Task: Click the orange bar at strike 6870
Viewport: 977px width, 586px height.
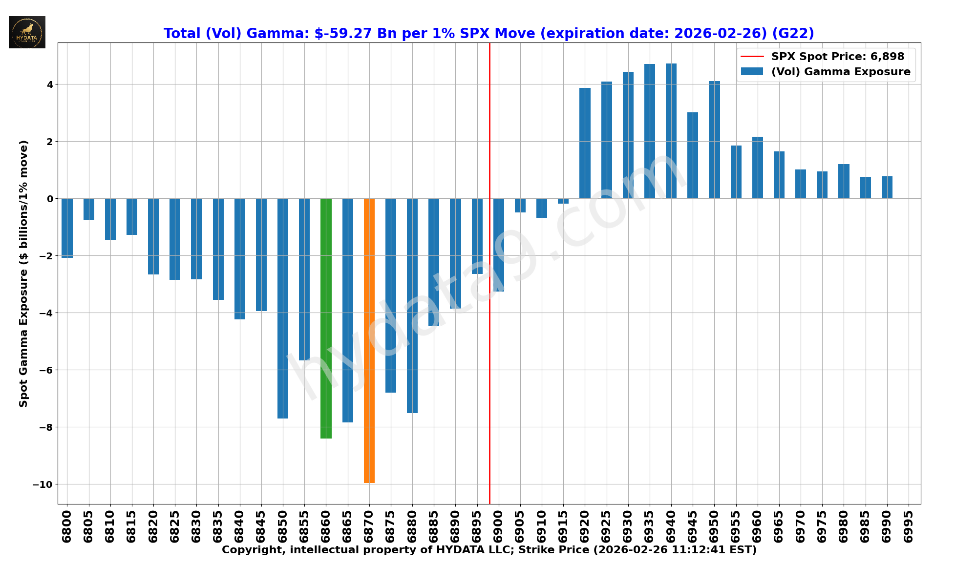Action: point(369,340)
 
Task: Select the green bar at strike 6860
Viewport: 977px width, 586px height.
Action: point(326,318)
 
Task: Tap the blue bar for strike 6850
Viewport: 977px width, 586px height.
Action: point(283,308)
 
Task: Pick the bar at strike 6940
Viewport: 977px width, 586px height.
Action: point(671,131)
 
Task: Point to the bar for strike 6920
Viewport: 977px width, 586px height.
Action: point(585,143)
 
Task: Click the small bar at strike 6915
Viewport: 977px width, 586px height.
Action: point(563,201)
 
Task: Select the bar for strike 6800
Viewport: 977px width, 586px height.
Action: point(67,228)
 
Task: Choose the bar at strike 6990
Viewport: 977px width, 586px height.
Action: point(887,187)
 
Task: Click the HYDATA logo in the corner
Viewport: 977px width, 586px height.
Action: point(27,32)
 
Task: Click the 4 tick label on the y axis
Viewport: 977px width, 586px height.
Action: point(50,84)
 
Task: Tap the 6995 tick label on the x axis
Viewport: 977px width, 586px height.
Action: point(909,526)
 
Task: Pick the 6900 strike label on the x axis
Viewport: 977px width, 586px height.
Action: point(499,526)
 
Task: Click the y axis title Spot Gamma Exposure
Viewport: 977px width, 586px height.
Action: point(23,273)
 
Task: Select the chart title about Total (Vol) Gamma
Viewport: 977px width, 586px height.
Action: point(488,33)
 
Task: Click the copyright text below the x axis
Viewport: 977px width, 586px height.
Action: point(489,550)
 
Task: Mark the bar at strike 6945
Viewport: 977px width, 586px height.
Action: point(693,155)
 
